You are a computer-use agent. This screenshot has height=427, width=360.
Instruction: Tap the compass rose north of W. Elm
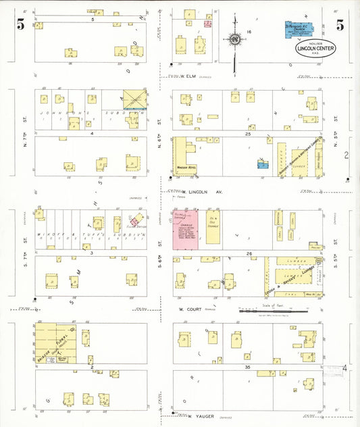click(234, 40)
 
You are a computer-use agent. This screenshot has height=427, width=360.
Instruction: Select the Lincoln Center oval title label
click(315, 49)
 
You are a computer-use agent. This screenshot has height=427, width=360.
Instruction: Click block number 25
click(248, 134)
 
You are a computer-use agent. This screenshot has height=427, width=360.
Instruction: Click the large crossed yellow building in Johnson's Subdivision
click(135, 99)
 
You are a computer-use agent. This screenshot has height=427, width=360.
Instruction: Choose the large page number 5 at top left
click(20, 26)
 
